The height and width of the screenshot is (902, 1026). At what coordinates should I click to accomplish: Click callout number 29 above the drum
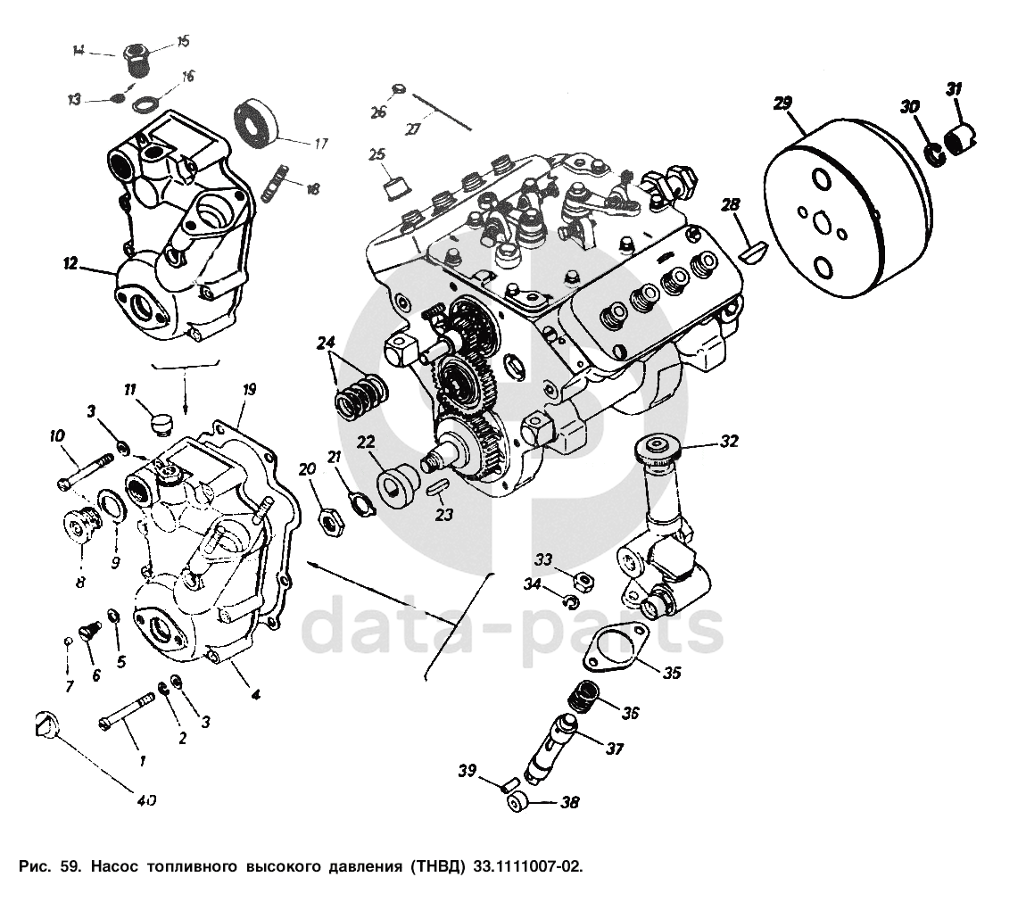coord(782,104)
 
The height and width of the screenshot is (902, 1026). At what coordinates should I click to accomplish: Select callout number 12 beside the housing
coord(70,264)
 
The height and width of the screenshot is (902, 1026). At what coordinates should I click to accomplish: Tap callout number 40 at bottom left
coord(146,800)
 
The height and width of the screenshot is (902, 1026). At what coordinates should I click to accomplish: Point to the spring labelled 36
coord(583,696)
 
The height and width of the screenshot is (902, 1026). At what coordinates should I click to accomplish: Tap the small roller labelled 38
coord(517,802)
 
